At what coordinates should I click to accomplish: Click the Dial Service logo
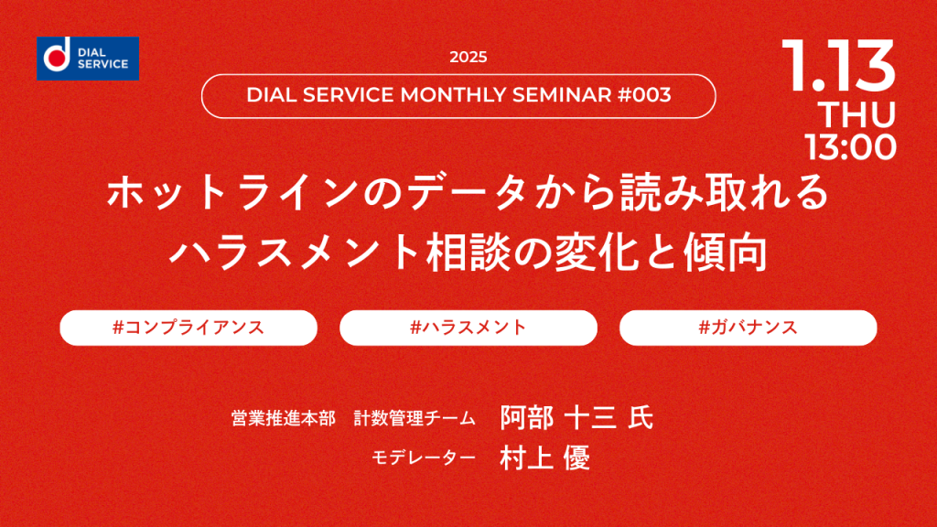pyautogui.click(x=88, y=59)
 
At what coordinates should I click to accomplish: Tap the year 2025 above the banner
pyautogui.click(x=468, y=58)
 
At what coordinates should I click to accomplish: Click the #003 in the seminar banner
pyautogui.click(x=644, y=95)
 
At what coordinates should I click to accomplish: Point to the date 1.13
pyautogui.click(x=838, y=66)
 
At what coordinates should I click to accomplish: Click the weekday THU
pyautogui.click(x=856, y=114)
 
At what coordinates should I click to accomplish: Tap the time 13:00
pyautogui.click(x=850, y=147)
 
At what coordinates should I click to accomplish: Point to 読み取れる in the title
pyautogui.click(x=725, y=192)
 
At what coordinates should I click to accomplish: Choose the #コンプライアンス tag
pyautogui.click(x=188, y=328)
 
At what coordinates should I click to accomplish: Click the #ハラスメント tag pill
pyautogui.click(x=468, y=328)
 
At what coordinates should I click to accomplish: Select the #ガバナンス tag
pyautogui.click(x=749, y=328)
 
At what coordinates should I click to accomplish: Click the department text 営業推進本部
pyautogui.click(x=284, y=418)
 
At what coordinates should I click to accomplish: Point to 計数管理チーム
pyautogui.click(x=415, y=418)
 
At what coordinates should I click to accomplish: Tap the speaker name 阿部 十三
pyautogui.click(x=559, y=417)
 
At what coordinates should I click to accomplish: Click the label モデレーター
pyautogui.click(x=423, y=457)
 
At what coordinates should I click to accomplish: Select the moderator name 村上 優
pyautogui.click(x=545, y=458)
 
